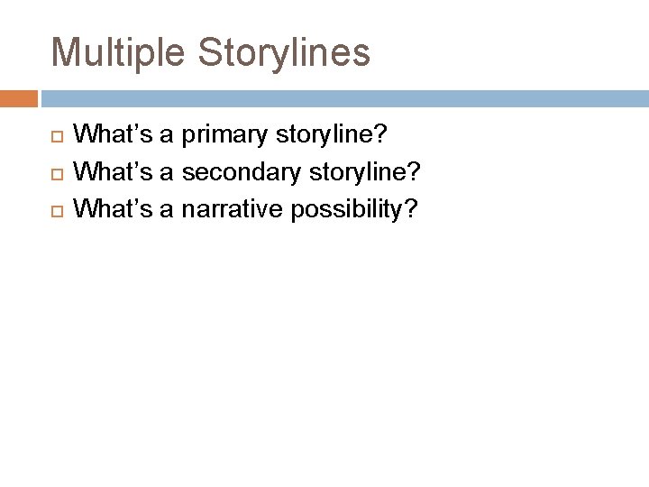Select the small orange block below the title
pyautogui.click(x=19, y=98)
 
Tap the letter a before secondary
pyautogui.click(x=168, y=172)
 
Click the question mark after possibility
pyautogui.click(x=411, y=208)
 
